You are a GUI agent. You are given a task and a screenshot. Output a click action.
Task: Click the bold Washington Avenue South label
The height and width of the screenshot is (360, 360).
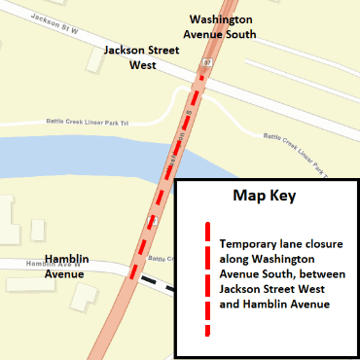[x=222, y=26]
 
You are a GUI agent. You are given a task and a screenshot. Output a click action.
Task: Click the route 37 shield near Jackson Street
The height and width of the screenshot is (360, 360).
[x=206, y=62]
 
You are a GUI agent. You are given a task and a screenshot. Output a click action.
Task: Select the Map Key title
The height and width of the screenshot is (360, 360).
[x=264, y=196]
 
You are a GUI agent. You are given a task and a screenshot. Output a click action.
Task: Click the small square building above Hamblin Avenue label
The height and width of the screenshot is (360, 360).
[x=38, y=230]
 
